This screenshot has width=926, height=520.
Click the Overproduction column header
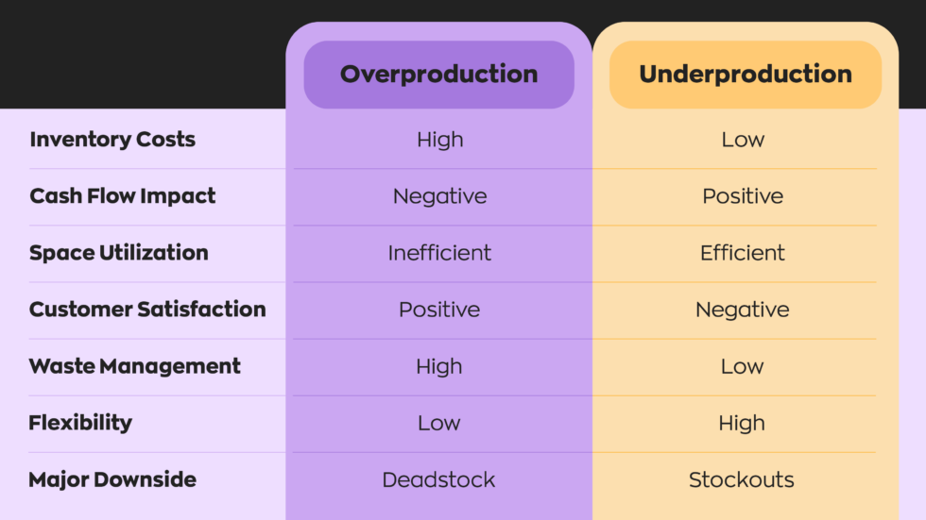coord(438,75)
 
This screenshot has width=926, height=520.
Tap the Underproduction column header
coord(745,75)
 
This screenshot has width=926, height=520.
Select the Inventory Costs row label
coord(112,140)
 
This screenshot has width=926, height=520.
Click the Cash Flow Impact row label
coord(123,196)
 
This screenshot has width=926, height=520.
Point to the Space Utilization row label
coord(119,253)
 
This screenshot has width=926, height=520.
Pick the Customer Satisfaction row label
coord(147,310)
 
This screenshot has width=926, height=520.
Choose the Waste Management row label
coord(135,366)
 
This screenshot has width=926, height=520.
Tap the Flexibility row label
coord(80,423)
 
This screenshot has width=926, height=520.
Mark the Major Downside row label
coord(112,479)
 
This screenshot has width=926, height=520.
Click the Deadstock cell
coord(438,479)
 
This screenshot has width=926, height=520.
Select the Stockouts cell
coord(742,479)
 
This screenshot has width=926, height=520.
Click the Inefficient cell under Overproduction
coord(439,253)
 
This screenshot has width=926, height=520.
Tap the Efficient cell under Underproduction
coord(743,253)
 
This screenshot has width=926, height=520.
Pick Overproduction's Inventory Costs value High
coord(440,140)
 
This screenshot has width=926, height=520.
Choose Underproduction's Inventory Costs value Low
coord(743,140)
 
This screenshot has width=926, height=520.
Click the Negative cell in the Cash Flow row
coord(440,196)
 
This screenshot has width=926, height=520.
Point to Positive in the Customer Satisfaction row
coord(439,310)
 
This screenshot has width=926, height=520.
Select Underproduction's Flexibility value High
coord(742,423)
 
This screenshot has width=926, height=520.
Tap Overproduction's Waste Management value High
coord(439,366)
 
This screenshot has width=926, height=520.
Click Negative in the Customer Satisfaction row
coord(743,310)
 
